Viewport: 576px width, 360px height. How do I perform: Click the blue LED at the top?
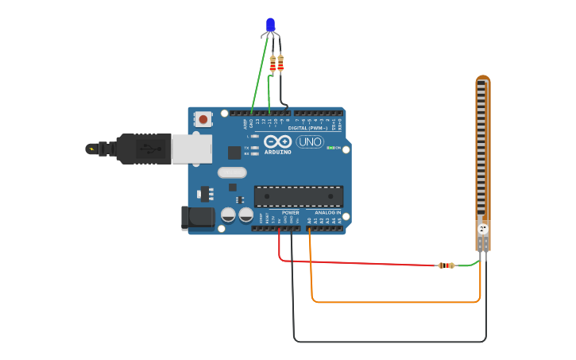point(270,25)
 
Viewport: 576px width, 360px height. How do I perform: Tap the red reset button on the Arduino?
point(203,119)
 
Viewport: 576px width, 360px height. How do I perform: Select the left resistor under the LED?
point(273,64)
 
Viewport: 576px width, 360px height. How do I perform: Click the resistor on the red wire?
point(446,265)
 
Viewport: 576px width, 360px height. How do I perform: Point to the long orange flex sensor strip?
point(482,151)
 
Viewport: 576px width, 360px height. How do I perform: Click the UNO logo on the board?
point(309,142)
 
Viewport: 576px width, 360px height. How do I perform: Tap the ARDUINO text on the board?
point(278,151)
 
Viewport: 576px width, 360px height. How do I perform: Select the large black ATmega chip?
point(299,196)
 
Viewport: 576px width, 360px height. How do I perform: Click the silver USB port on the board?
point(191,149)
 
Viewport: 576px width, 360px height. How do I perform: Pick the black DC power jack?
point(198,218)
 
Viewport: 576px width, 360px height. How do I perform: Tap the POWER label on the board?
point(291,212)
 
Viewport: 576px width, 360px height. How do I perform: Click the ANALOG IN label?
point(327,212)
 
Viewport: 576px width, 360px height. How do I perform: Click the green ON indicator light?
point(331,148)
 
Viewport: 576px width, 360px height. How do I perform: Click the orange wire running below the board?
point(397,302)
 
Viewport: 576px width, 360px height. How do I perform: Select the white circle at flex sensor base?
point(482,229)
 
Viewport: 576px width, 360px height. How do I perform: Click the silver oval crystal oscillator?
point(232,172)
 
